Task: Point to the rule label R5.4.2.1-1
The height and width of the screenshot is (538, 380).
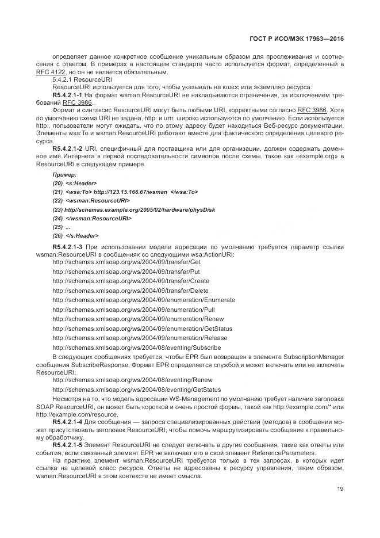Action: click(67, 94)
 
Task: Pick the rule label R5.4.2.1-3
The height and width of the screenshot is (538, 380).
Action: click(67, 247)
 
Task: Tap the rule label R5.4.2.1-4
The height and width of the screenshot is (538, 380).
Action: click(67, 422)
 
